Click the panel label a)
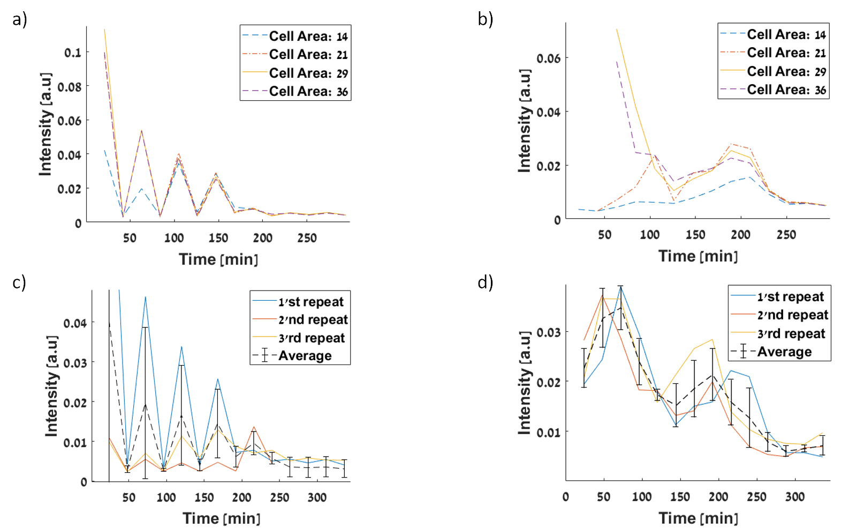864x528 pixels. tap(20, 20)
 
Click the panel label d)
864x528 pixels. tap(485, 282)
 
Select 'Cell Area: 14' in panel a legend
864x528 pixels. tap(308, 36)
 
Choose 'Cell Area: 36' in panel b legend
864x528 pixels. tap(786, 90)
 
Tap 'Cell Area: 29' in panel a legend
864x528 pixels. tap(308, 73)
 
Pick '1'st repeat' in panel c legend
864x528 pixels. tap(310, 302)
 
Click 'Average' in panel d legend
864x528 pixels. tap(784, 352)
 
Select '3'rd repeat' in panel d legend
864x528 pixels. tap(791, 333)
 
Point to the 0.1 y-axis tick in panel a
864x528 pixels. tap(73, 53)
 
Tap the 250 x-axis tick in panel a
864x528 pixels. tap(307, 238)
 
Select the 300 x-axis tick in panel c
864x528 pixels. tap(317, 497)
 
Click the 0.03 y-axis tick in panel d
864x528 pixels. tap(549, 332)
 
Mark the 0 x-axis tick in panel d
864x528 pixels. tap(566, 497)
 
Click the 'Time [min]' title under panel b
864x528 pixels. tap(698, 256)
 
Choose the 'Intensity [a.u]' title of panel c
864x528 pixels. tap(51, 386)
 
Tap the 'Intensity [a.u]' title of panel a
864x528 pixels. tap(46, 124)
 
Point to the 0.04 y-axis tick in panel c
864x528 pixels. tap(75, 323)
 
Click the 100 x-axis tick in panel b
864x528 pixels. tap(650, 235)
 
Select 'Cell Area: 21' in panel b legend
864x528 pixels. tap(786, 53)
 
